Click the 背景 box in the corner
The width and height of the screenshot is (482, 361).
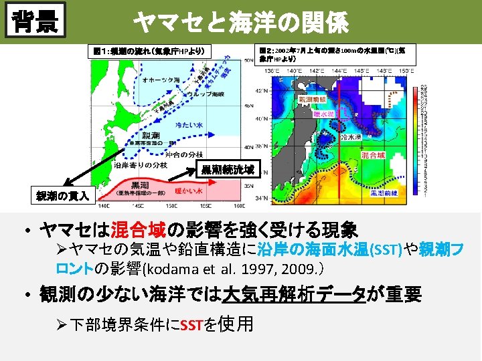point(37,21)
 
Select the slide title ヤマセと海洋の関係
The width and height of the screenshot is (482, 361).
point(241,23)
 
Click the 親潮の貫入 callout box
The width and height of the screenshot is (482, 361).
point(64,196)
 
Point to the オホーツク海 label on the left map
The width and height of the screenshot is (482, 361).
point(161,80)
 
